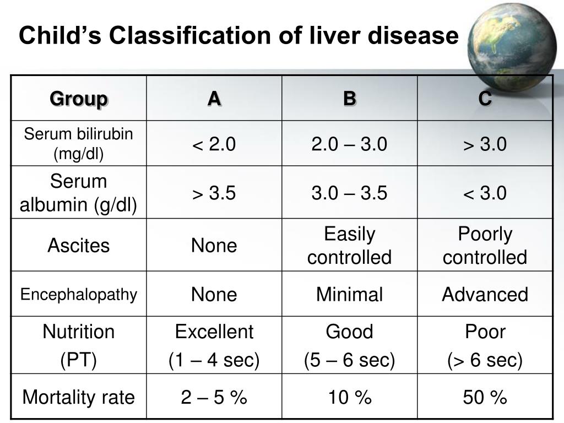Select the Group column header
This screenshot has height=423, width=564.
(x=79, y=99)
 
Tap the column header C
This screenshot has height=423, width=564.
(x=485, y=99)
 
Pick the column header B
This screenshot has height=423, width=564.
(x=349, y=99)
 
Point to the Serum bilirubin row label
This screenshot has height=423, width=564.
(x=79, y=144)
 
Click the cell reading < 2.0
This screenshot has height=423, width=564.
(x=214, y=144)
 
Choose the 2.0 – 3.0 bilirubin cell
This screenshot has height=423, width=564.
(x=349, y=144)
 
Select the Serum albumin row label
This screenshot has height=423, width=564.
(x=79, y=193)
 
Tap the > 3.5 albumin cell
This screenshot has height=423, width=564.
(x=214, y=193)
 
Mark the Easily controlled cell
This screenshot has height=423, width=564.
(x=349, y=246)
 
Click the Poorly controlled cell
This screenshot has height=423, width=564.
(x=485, y=246)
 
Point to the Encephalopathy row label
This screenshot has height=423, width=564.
(x=79, y=295)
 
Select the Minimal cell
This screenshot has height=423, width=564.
(x=349, y=295)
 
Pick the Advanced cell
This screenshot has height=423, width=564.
(x=485, y=295)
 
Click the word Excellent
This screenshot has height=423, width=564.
(x=214, y=332)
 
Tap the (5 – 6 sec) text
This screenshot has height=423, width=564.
(x=349, y=361)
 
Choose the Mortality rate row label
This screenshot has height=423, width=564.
(x=79, y=397)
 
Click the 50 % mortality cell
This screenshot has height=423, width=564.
(x=485, y=397)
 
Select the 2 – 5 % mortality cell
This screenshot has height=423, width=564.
(x=214, y=397)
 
